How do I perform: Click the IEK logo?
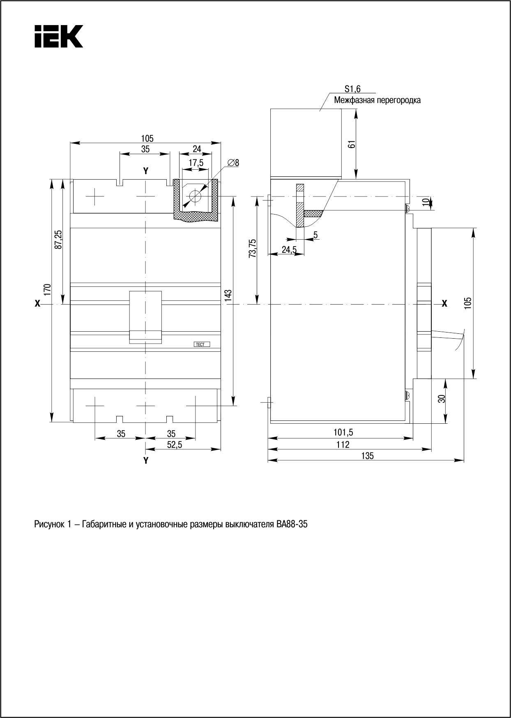[59, 37]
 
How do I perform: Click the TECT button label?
[201, 344]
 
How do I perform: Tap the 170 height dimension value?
[48, 289]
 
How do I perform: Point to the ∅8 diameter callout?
[233, 163]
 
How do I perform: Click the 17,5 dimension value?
[196, 163]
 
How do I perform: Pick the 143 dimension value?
[229, 296]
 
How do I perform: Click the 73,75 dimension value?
[252, 248]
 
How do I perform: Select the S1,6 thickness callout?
[352, 89]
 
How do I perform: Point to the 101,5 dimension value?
[343, 432]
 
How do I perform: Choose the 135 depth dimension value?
[368, 455]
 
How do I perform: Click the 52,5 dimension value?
[175, 444]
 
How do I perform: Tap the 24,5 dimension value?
[289, 249]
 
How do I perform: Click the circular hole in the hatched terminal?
[195, 196]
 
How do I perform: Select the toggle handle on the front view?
[145, 316]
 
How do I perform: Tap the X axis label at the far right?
[444, 304]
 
